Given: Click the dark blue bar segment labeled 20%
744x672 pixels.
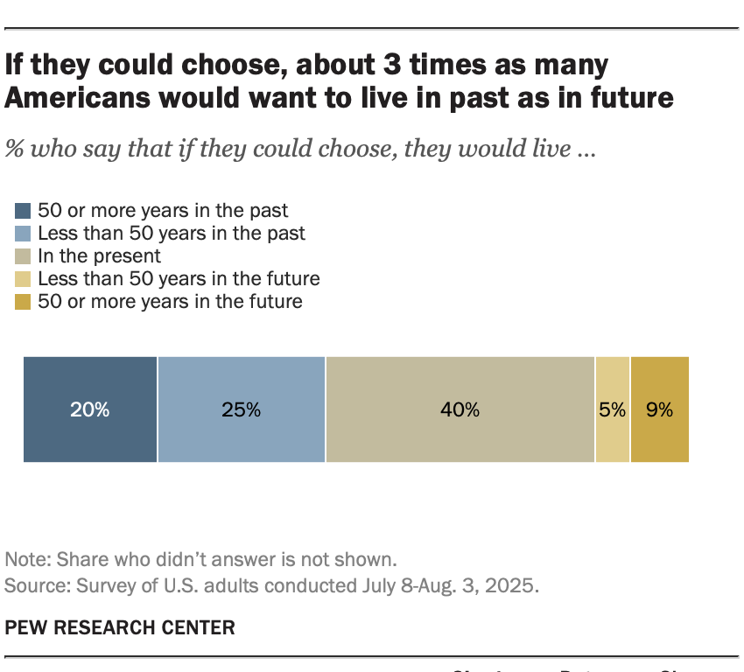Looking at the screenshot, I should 90,409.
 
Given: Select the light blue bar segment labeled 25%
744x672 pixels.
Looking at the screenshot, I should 242,409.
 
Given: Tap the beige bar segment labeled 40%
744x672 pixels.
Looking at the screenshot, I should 460,409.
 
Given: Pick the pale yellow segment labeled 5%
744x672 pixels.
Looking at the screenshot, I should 613,409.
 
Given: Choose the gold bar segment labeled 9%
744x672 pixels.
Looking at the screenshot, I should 660,409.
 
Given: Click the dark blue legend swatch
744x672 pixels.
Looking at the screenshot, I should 23,211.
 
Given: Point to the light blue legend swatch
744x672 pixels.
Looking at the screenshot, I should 23,234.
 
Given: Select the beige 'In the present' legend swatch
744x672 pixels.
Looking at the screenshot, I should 23,256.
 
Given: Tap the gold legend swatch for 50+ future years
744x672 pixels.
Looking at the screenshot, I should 23,302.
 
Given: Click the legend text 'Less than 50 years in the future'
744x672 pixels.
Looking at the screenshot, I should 179,279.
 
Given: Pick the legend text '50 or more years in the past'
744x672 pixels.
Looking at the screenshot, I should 163,211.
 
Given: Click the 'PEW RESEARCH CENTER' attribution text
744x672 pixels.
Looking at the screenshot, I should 120,627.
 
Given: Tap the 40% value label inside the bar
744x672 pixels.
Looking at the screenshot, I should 460,409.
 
